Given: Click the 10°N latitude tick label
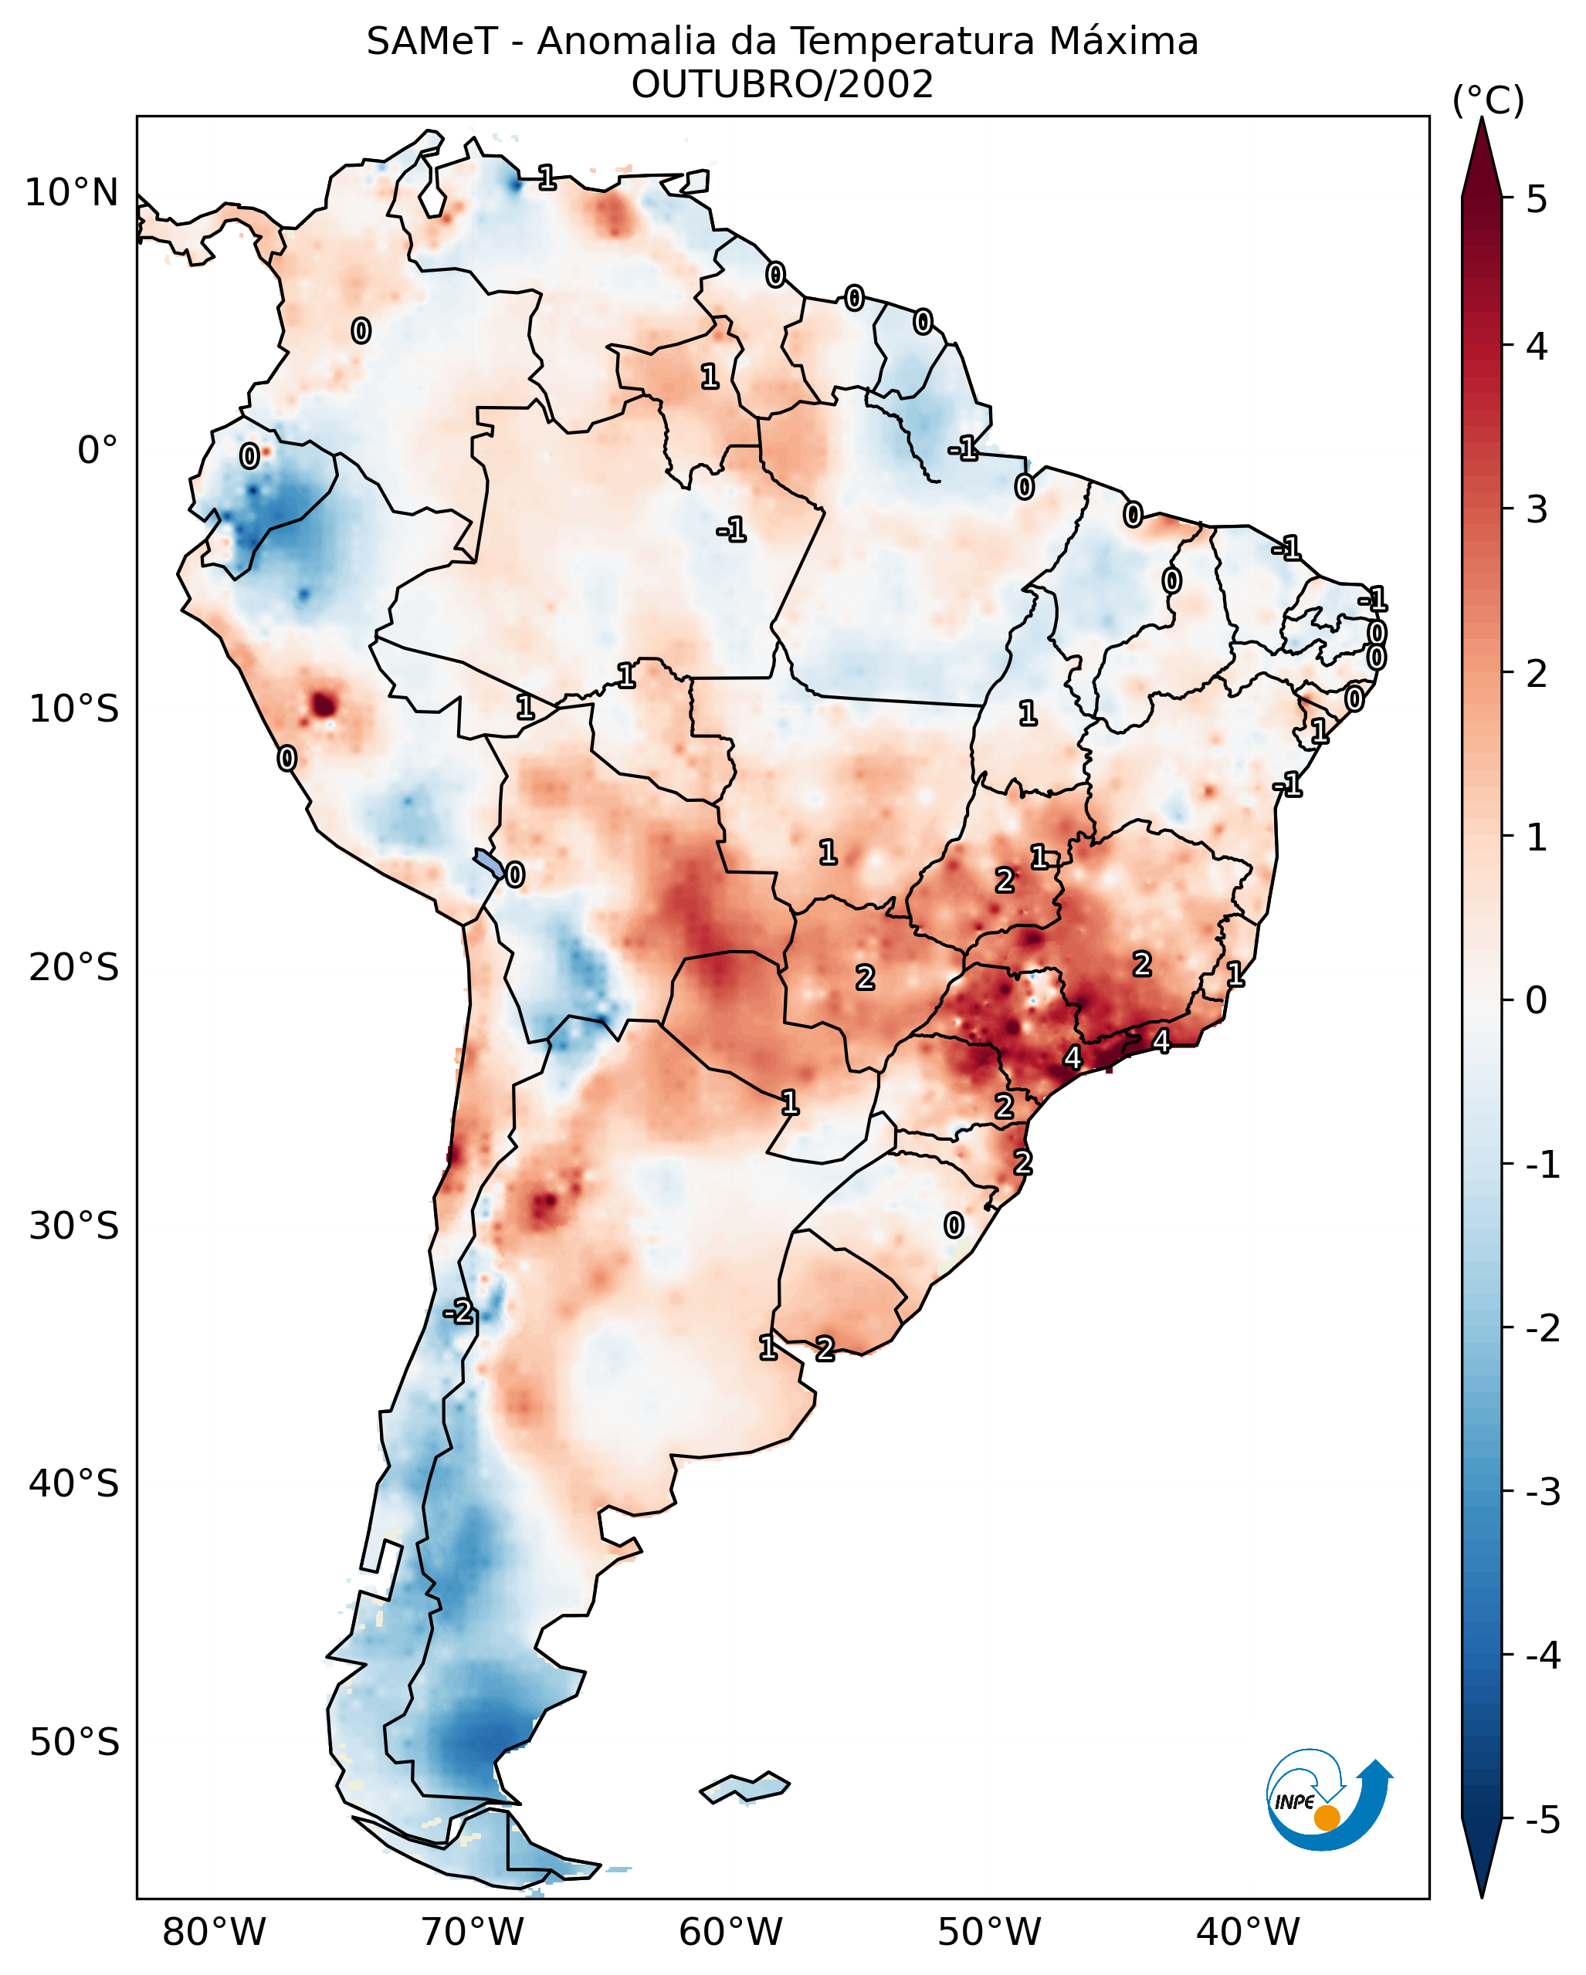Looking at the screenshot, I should point(72,193).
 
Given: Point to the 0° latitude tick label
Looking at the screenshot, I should point(97,451).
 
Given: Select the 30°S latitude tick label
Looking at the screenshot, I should point(73,1226).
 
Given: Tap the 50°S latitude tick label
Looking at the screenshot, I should point(73,1743).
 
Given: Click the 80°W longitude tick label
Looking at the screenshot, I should point(213,1932).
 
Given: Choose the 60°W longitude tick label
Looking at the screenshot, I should point(730,1932).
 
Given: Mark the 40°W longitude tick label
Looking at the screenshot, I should point(1247,1932).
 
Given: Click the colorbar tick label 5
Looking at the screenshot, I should point(1537,199).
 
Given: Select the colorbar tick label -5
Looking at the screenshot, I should point(1542,1819).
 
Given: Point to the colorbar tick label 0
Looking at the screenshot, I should point(1537,1000).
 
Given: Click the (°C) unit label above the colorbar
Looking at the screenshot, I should point(1488,101).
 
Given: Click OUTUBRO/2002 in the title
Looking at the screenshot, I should point(781,85).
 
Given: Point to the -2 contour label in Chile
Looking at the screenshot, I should point(458,1313).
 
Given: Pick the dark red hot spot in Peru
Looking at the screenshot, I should point(324,705).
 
